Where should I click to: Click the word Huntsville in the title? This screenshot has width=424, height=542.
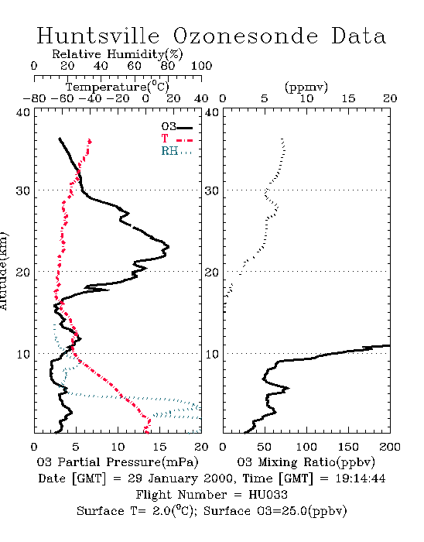click(98, 36)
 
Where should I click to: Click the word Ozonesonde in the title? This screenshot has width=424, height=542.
click(245, 36)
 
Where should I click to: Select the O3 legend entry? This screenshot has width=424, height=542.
click(176, 127)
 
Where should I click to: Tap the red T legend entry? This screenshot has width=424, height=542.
click(176, 139)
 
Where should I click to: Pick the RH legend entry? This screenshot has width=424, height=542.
click(176, 151)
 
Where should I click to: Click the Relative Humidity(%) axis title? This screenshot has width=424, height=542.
click(118, 54)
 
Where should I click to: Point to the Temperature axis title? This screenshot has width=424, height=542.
click(118, 87)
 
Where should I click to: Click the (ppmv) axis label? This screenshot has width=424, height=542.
click(306, 87)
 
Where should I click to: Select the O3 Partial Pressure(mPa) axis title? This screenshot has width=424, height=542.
click(118, 462)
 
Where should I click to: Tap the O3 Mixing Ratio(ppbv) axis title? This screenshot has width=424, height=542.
click(306, 462)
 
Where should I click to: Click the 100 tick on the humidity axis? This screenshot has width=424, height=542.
click(201, 66)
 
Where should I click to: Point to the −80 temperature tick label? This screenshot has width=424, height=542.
click(34, 99)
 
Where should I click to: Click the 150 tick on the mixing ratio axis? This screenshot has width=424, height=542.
click(348, 447)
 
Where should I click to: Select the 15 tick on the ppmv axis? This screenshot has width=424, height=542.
click(348, 99)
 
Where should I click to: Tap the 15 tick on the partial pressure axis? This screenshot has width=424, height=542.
click(159, 447)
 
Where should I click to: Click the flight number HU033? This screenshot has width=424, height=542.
click(268, 495)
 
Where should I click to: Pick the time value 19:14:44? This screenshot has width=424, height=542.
click(361, 479)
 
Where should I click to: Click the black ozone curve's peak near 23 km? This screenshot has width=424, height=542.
click(169, 247)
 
